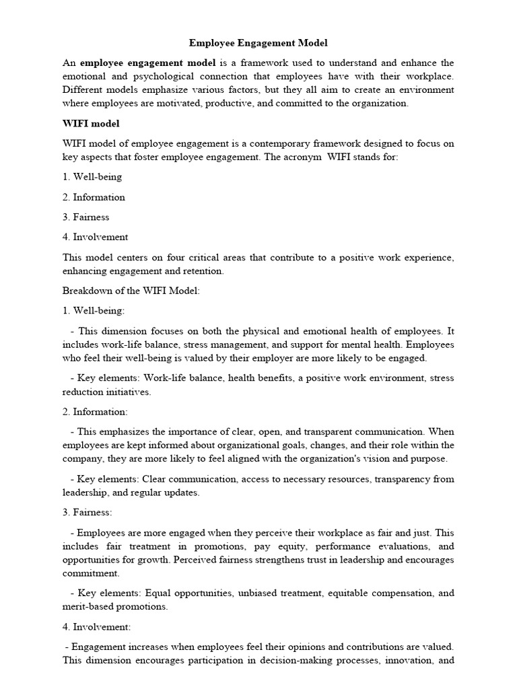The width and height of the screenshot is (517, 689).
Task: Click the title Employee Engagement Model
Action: (x=258, y=43)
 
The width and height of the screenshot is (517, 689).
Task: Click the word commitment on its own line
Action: (x=91, y=573)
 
